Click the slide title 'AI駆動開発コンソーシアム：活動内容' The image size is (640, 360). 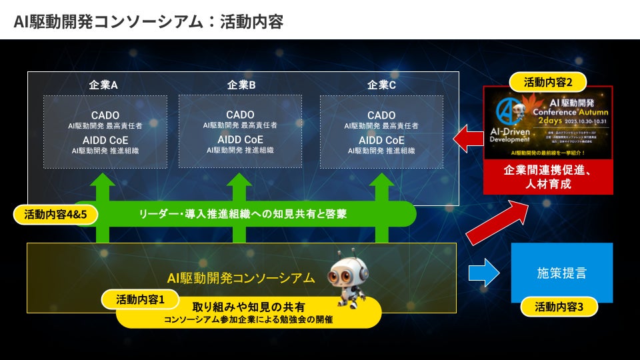point(148,21)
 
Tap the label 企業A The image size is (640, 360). point(103,85)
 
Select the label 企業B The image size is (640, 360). point(241,85)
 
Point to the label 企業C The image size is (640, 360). point(381,85)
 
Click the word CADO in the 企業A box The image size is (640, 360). point(105,115)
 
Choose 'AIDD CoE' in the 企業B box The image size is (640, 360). point(240,139)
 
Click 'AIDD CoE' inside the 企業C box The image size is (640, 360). point(381,140)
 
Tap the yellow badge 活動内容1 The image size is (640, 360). point(139,299)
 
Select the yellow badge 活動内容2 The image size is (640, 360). point(547,83)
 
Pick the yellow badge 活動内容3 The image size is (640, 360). point(559,307)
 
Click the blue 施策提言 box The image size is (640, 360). point(561,273)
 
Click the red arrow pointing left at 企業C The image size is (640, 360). point(468,139)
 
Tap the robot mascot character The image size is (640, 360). point(348,277)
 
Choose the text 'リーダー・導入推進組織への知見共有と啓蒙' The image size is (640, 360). point(243,214)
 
